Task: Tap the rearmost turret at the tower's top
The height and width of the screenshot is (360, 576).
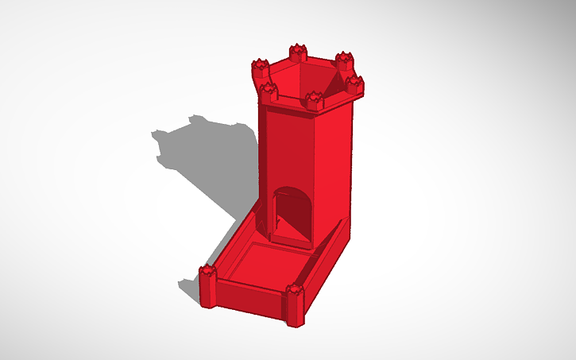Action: click(x=298, y=52)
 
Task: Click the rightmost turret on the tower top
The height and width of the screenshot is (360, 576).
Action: click(x=354, y=84)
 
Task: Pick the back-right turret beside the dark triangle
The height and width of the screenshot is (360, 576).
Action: click(x=343, y=60)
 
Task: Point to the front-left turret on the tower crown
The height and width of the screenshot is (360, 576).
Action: click(x=269, y=90)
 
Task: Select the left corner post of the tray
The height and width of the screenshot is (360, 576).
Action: click(x=208, y=285)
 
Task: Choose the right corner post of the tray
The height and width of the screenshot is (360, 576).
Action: click(x=295, y=304)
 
